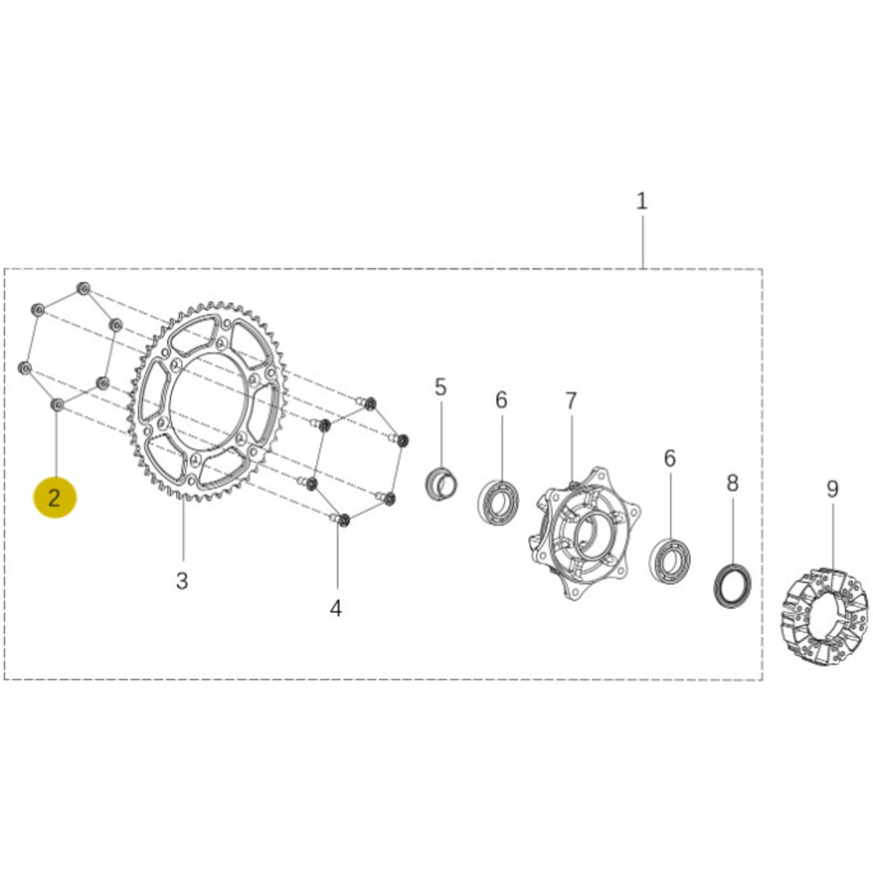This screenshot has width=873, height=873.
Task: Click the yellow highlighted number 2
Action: click(x=55, y=497)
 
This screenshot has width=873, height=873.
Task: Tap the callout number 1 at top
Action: click(x=642, y=201)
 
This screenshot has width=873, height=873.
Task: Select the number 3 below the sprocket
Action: click(x=182, y=581)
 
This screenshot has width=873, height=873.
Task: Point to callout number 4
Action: click(x=336, y=609)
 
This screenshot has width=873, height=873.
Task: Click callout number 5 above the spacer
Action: click(x=440, y=387)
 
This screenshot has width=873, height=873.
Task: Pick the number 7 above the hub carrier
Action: click(x=571, y=401)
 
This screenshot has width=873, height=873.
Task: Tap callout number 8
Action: click(x=732, y=482)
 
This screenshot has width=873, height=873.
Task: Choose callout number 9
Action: click(x=832, y=489)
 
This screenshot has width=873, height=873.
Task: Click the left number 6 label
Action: click(x=501, y=400)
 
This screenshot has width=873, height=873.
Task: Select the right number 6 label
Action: click(x=670, y=458)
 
